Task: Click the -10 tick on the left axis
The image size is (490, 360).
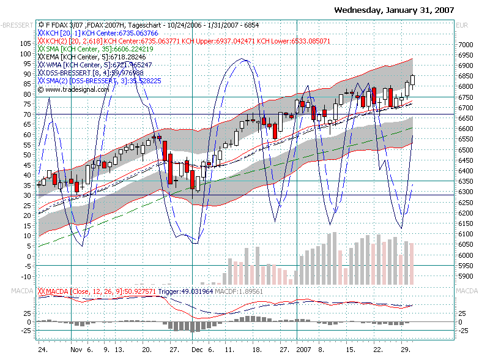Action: click(26, 266)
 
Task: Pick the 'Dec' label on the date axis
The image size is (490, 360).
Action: click(197, 350)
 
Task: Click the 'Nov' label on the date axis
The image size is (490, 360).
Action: click(76, 350)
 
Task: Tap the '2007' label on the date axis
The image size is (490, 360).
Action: click(304, 350)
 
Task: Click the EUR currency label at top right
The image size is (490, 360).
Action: click(463, 25)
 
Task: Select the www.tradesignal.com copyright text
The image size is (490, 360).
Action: click(69, 89)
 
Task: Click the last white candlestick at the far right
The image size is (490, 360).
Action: click(413, 80)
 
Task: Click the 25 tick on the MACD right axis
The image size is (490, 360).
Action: click(463, 313)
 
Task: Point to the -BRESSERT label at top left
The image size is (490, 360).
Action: click(17, 25)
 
